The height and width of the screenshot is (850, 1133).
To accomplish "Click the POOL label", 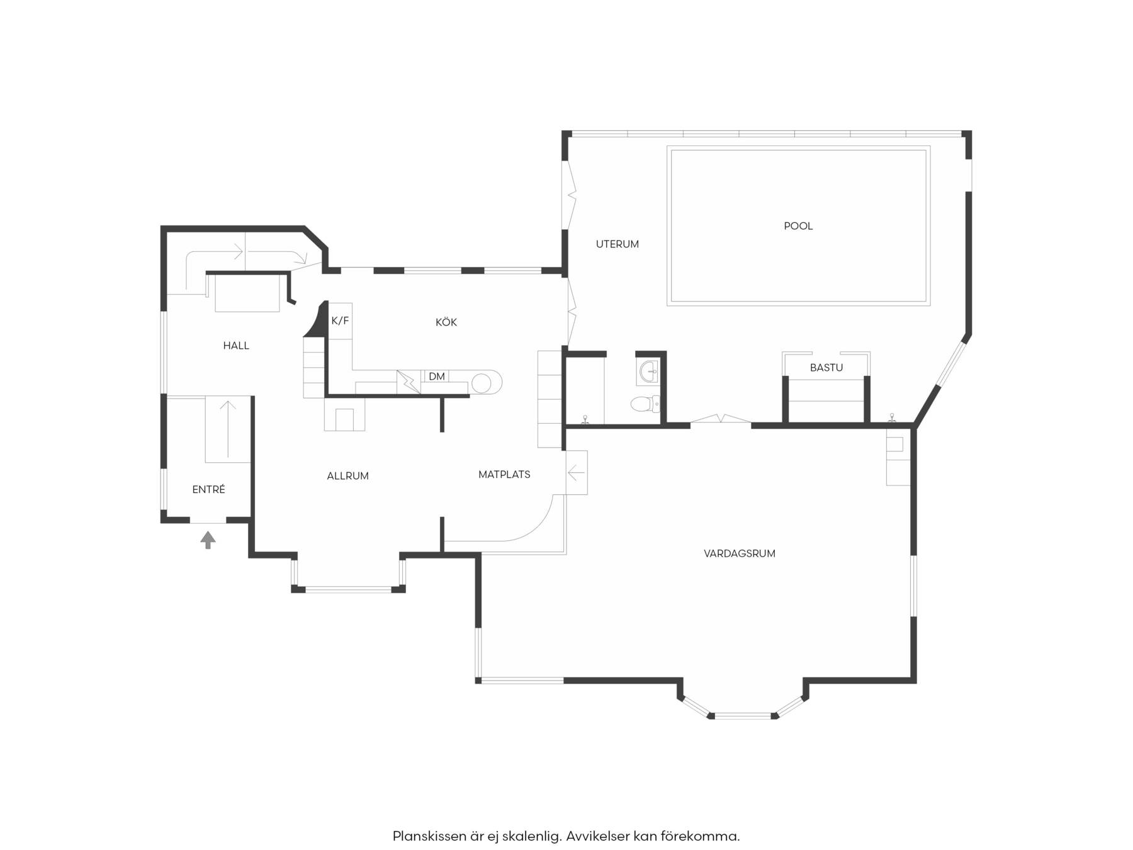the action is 798,226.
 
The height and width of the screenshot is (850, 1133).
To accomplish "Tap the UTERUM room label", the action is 617,244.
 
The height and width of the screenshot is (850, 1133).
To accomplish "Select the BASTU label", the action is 826,368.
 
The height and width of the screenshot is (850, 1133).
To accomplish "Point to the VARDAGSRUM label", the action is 740,553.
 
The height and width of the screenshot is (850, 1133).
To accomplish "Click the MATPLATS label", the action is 504,475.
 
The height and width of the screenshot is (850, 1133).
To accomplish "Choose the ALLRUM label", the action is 347,476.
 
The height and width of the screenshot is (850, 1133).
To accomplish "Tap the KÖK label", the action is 446,322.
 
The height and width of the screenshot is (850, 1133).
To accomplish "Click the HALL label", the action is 236,346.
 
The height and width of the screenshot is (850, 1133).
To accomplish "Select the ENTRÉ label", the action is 208,489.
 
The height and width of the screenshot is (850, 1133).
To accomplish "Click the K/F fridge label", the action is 340,321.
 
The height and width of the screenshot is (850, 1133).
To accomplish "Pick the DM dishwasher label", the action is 437,377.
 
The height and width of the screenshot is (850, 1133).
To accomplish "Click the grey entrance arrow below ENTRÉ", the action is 208,540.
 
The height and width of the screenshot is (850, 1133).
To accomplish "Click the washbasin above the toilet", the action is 649,372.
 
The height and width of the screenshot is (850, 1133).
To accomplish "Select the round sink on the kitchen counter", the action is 482,383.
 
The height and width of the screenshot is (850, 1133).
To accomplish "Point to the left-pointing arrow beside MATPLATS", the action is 576,472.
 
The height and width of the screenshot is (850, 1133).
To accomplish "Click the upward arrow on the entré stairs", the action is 228,428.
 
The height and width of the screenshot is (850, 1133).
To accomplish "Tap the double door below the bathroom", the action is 721,419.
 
